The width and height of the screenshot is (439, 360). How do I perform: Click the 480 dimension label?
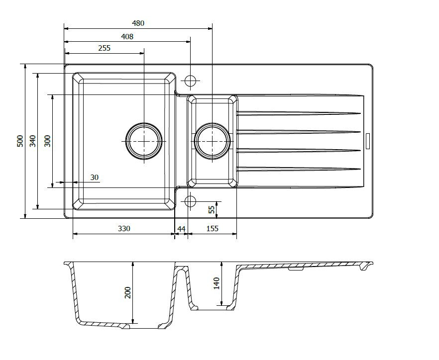point(138,23)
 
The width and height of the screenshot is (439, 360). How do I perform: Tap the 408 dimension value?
point(127,37)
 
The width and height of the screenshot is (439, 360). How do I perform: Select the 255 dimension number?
point(105,48)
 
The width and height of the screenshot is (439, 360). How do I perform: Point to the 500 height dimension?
point(20,141)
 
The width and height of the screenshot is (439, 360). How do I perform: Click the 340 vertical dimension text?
point(32,141)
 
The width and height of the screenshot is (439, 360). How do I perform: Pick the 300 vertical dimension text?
point(48,141)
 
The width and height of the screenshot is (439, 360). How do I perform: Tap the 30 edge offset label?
point(95,178)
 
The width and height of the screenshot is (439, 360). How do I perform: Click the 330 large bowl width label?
point(124,229)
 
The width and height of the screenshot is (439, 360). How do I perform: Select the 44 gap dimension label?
point(181,229)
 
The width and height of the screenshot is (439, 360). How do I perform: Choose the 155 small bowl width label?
point(212,229)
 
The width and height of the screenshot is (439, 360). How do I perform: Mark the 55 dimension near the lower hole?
point(212,209)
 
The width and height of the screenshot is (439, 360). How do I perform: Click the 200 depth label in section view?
point(127,292)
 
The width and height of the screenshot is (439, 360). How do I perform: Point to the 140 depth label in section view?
point(217,283)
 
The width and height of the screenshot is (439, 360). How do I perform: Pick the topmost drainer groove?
point(299,113)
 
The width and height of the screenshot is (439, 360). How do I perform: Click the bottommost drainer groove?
point(299,169)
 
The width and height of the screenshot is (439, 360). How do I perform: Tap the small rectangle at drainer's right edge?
point(368,142)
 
